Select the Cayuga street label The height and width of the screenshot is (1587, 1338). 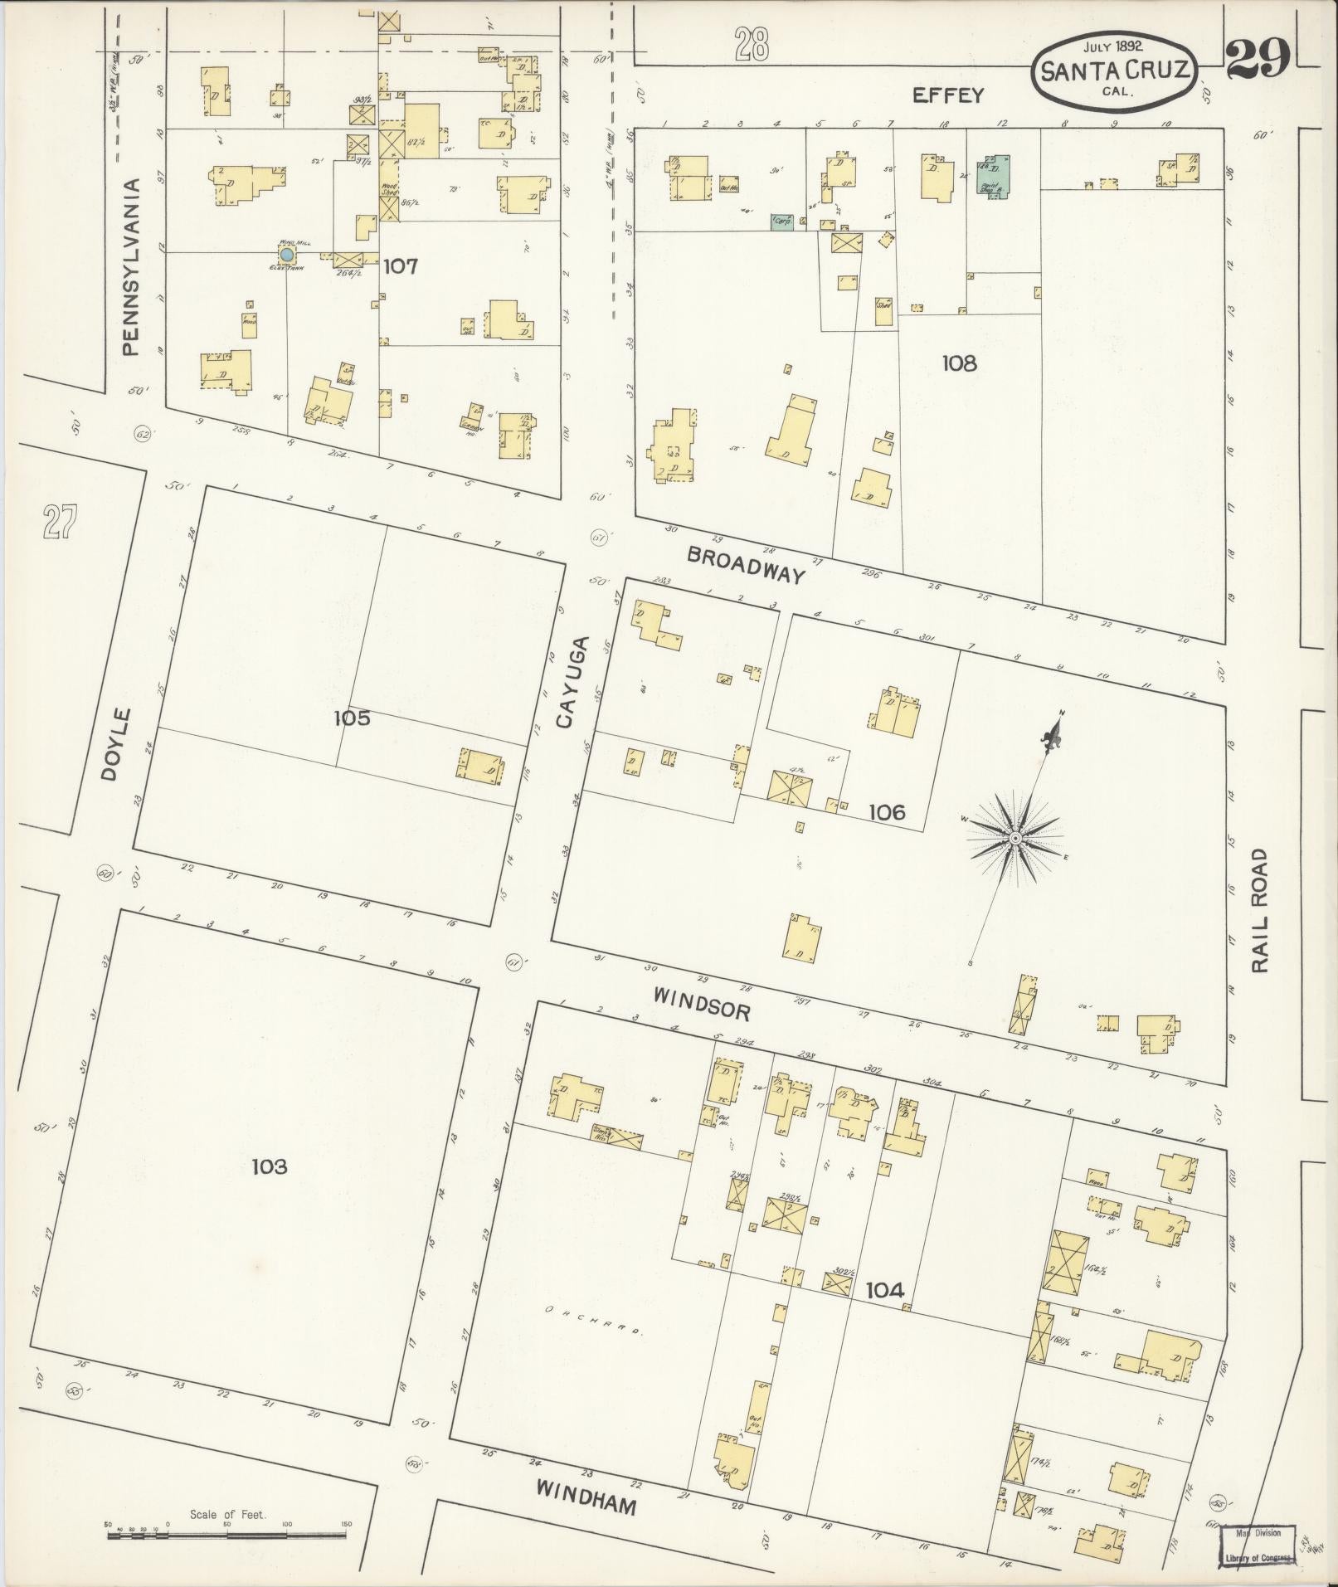click(571, 682)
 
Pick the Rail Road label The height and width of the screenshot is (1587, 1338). click(1260, 910)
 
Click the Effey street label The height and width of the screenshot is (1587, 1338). click(947, 95)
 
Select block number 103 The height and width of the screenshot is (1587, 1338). click(269, 1167)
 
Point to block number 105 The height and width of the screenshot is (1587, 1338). click(352, 718)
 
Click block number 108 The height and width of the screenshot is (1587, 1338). click(959, 363)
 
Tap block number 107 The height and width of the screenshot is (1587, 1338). click(400, 266)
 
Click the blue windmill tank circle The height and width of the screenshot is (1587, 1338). click(286, 253)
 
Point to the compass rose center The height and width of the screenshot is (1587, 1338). click(1014, 839)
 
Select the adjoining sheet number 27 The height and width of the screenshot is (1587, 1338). click(61, 523)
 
